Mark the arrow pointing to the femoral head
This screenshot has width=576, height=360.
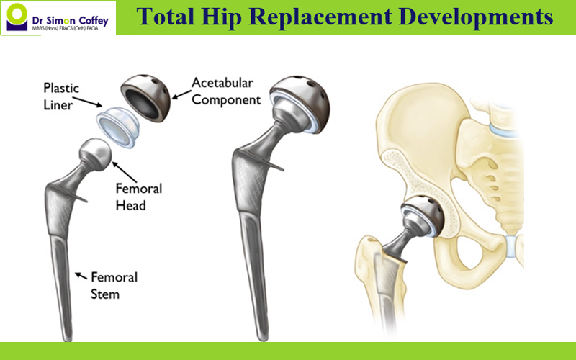point(120,171)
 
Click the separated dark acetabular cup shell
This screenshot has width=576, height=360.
point(148,96)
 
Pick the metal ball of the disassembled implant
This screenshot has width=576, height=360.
point(95,153)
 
